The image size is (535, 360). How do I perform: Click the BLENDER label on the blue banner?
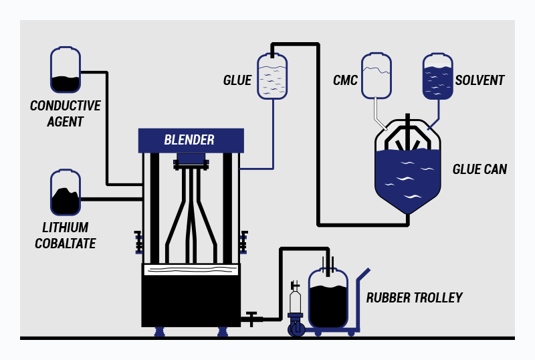tap(189, 141)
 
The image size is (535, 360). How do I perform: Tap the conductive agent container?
tap(66, 70)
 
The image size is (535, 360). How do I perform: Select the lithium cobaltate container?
tap(66, 193)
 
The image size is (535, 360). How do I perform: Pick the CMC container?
tap(376, 76)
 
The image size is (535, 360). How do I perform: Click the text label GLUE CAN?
tap(479, 169)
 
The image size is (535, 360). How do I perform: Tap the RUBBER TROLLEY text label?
tap(415, 298)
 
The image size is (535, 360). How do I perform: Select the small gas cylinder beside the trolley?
tap(295, 304)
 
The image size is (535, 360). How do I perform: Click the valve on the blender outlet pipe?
tap(252, 318)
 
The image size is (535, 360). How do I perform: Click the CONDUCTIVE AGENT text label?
tap(65, 114)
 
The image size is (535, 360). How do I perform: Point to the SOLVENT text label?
tap(479, 80)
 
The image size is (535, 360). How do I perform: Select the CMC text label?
tap(345, 81)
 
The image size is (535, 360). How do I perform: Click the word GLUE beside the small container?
tap(237, 81)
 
